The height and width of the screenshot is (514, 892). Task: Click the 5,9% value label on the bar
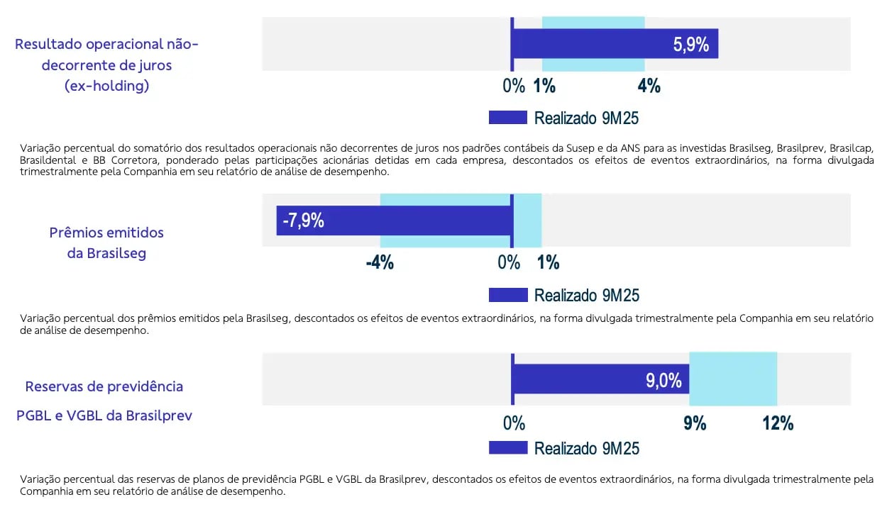[x=690, y=45]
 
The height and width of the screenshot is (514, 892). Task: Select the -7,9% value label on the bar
[x=303, y=220]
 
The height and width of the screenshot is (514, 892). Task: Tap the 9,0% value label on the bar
[x=664, y=381]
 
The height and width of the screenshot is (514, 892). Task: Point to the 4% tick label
[x=649, y=86]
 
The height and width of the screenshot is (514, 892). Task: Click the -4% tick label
[x=380, y=263]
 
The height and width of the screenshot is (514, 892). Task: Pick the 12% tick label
[x=778, y=424]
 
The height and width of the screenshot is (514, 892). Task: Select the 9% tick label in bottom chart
[x=695, y=424]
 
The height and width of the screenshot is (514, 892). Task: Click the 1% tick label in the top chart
[x=544, y=86]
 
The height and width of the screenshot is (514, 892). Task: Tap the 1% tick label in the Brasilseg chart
[x=548, y=263]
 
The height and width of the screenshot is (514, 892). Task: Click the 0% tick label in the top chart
[x=514, y=86]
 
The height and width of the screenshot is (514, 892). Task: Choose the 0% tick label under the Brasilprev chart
[x=514, y=424]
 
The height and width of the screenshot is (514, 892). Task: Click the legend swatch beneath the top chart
[x=508, y=118]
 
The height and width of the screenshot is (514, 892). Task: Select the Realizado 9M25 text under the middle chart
[x=587, y=295]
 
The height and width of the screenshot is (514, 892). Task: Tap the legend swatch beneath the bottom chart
[x=508, y=448]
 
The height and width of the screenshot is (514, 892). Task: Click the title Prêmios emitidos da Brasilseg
[x=106, y=242]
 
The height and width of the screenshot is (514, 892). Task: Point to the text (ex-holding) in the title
[x=106, y=86]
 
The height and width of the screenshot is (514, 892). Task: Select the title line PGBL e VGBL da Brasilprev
[x=104, y=415]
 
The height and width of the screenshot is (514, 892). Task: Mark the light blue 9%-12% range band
[x=733, y=379]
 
